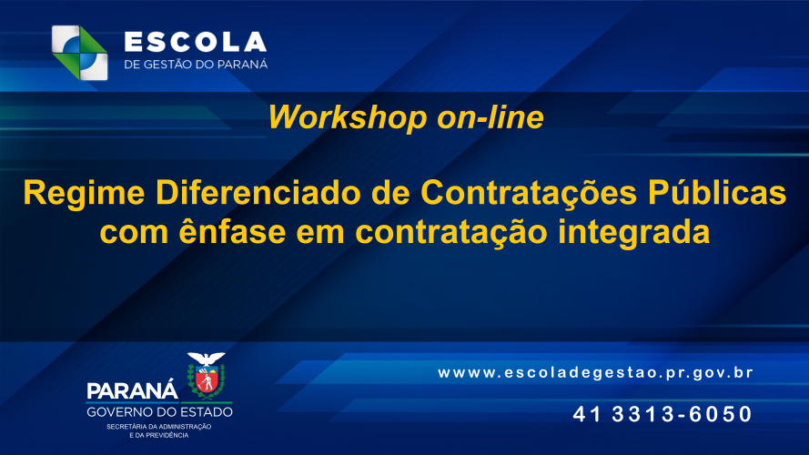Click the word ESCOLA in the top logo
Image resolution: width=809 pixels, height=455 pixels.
[x=196, y=42]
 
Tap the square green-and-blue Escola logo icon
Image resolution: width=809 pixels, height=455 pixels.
[x=80, y=53]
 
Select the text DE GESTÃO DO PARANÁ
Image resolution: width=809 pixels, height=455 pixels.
[x=196, y=64]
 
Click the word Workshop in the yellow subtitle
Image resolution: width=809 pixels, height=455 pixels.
[x=348, y=118]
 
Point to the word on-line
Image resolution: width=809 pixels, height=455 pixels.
[x=490, y=117]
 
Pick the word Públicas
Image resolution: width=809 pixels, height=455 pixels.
[x=717, y=192]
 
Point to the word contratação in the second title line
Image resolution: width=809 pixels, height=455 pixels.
[x=451, y=233]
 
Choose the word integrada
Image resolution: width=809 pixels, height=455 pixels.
[x=634, y=234]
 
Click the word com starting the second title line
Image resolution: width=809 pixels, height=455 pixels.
[x=134, y=234]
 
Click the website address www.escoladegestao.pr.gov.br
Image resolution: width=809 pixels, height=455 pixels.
[x=596, y=372]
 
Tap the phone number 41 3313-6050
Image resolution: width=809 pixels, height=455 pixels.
[x=662, y=414]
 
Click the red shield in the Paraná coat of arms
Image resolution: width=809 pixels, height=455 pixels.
[x=207, y=382]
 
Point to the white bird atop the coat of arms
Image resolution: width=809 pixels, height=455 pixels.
[x=207, y=359]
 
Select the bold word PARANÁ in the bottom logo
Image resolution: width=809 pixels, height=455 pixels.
[x=132, y=390]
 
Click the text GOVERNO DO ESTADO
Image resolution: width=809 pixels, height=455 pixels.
[x=159, y=412]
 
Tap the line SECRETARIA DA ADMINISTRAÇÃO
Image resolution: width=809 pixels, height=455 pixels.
[x=159, y=427]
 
